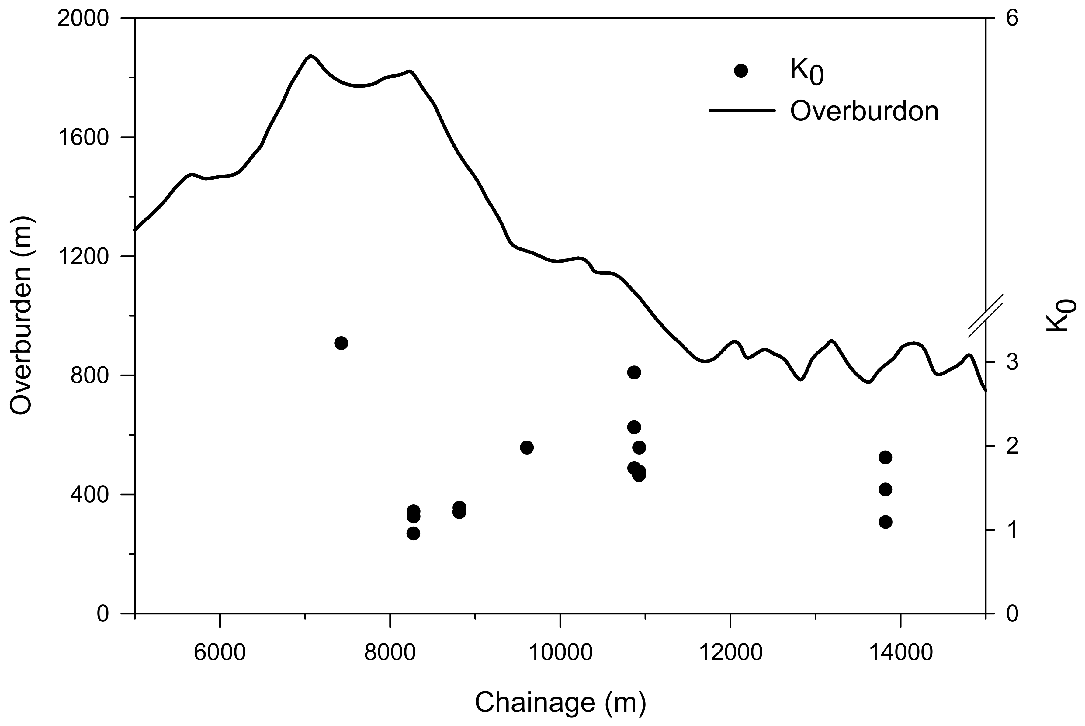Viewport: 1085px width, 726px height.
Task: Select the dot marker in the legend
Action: pyautogui.click(x=741, y=71)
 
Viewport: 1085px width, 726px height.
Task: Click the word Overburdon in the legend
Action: pyautogui.click(x=864, y=111)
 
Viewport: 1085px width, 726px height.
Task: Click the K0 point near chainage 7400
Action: pyautogui.click(x=341, y=343)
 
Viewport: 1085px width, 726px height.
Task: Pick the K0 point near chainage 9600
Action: pyautogui.click(x=526, y=447)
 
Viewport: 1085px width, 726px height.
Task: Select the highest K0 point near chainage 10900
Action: pyautogui.click(x=634, y=372)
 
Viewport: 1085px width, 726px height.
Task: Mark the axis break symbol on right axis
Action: pyautogui.click(x=986, y=315)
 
